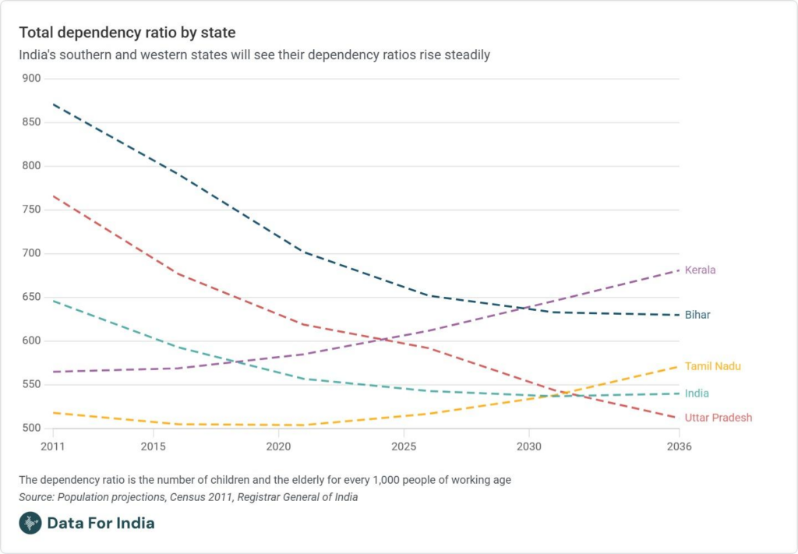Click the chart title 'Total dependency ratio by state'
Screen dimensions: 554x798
(x=127, y=33)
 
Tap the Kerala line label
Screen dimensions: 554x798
(x=700, y=270)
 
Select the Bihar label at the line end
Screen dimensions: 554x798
(x=697, y=315)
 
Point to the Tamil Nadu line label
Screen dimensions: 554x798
(x=712, y=366)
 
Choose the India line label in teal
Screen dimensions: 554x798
(x=697, y=393)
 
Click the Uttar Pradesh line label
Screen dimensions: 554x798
(x=719, y=418)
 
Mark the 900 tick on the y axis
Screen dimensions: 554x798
(x=31, y=79)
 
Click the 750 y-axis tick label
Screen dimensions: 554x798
(x=31, y=210)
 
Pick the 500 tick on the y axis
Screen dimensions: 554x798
(x=31, y=428)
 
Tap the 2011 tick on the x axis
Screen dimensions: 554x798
(x=52, y=446)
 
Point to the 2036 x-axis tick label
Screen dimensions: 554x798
(x=679, y=446)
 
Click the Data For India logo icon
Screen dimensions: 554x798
(x=30, y=523)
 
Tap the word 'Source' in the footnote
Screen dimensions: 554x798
(x=35, y=497)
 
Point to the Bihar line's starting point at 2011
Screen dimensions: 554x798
(x=53, y=104)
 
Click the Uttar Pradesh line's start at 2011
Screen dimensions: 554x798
(x=53, y=196)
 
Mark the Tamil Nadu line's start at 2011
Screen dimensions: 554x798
(x=53, y=412)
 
